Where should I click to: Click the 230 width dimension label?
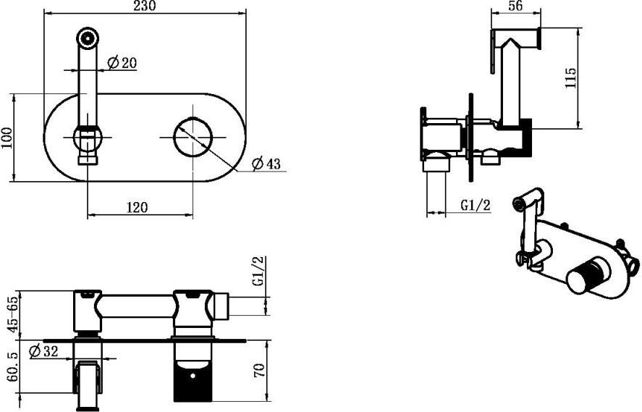tap(145, 6)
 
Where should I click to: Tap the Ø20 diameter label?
tap(122, 63)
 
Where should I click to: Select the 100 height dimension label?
tap(7, 138)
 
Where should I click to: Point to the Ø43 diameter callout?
tap(266, 164)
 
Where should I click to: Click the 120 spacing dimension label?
tap(137, 207)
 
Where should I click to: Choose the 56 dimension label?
tap(515, 6)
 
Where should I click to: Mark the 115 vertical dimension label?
tap(570, 77)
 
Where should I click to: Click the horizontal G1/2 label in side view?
tap(476, 205)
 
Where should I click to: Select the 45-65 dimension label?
tap(14, 315)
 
